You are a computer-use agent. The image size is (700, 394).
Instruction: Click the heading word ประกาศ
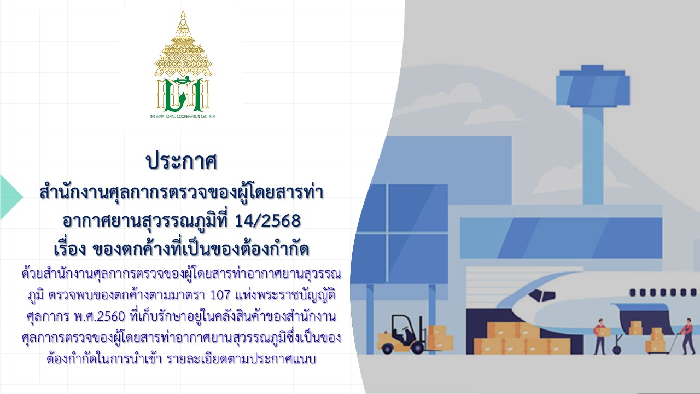182,162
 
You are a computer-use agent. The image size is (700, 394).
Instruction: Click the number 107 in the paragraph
220,295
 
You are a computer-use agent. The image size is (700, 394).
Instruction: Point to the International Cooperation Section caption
183,117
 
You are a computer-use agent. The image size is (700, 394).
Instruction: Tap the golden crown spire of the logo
183,44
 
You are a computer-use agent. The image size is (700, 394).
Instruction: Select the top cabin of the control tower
592,86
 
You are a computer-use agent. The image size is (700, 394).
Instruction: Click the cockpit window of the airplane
544,295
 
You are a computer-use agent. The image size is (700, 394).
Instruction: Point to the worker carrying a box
600,337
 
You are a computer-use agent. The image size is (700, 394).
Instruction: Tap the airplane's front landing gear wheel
617,350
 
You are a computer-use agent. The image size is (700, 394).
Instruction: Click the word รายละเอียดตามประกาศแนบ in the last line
241,360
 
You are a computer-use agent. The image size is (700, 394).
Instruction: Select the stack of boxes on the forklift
440,338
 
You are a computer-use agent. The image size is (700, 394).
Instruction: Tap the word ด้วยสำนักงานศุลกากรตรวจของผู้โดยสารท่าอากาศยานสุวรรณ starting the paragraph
181,274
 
